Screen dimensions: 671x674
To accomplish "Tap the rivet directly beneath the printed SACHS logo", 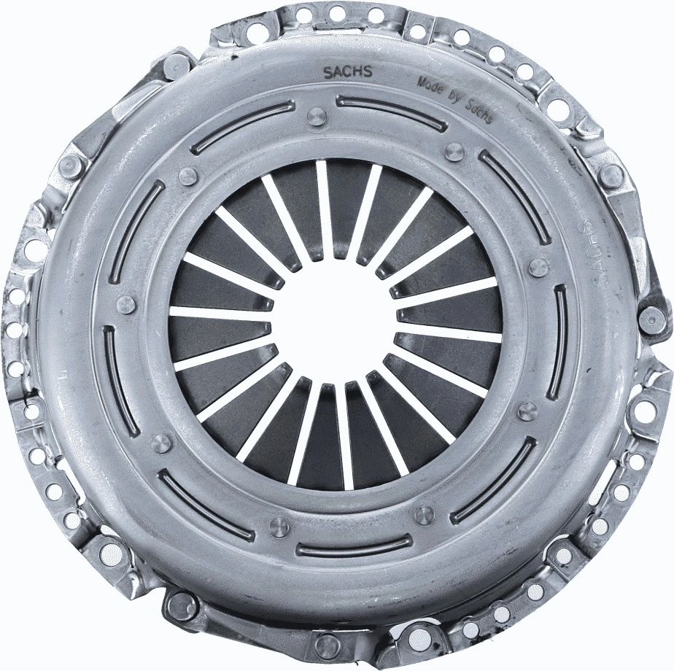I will [x=317, y=117].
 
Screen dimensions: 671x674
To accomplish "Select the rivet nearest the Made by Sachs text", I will [x=454, y=152].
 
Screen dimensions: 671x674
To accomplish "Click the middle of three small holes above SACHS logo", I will [x=337, y=13].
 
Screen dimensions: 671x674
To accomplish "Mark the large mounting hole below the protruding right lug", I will [x=643, y=409].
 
